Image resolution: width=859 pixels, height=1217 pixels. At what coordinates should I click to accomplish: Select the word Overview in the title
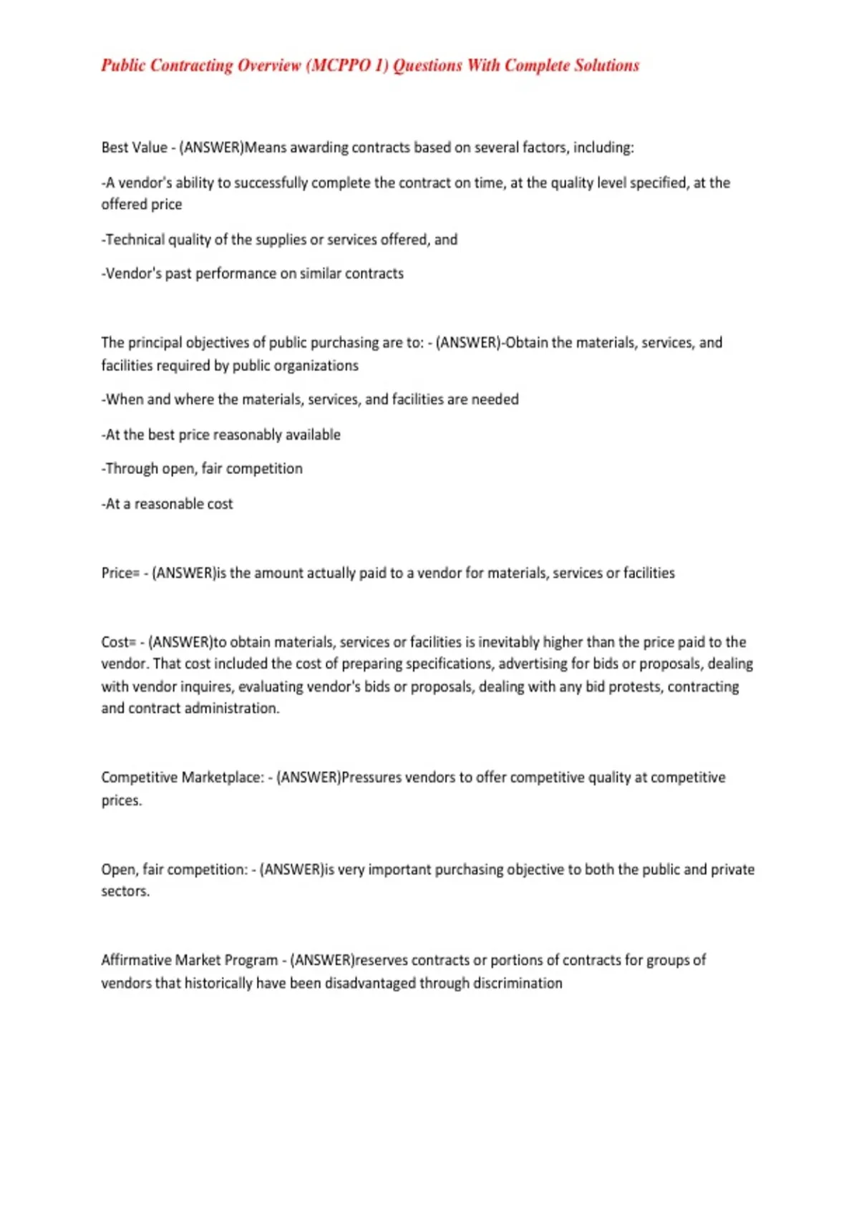(269, 66)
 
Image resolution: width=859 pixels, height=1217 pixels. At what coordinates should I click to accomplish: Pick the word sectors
(125, 892)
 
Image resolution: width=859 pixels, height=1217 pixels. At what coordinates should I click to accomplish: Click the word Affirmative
(136, 961)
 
